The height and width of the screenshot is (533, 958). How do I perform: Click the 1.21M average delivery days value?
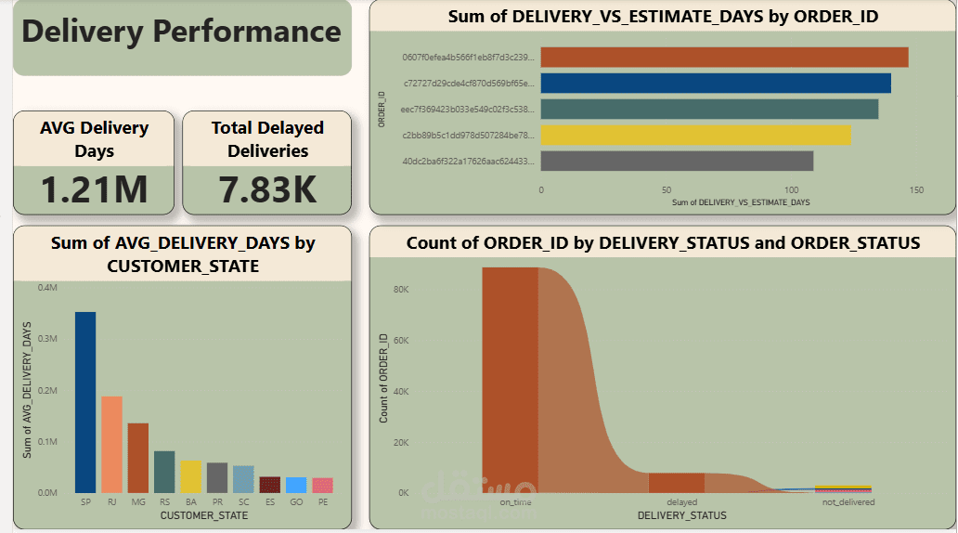pos(95,188)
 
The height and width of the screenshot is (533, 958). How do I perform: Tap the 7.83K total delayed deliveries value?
pos(267,188)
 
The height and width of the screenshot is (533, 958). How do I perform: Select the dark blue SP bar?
pos(85,402)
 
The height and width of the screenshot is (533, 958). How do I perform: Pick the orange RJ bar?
pos(111,444)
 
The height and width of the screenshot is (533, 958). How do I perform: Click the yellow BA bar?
pos(190,475)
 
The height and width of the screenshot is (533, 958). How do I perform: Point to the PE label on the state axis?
pos(323,501)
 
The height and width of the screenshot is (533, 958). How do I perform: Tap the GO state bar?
pos(296,485)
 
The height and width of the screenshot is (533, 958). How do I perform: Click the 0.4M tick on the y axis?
pos(47,288)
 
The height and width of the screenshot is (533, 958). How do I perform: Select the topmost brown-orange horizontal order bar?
pos(724,58)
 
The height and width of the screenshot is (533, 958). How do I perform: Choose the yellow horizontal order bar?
pos(695,136)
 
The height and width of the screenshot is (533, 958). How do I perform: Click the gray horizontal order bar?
pos(677,161)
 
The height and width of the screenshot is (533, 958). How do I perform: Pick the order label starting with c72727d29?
pos(469,84)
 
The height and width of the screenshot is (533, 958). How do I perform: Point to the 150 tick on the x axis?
pos(916,190)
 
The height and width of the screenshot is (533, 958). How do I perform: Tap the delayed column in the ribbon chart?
pos(676,482)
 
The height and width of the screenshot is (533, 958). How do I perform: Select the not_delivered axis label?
pos(848,502)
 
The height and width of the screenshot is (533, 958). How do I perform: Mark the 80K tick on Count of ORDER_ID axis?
pos(401,290)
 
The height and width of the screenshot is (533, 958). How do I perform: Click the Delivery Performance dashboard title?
pos(181,32)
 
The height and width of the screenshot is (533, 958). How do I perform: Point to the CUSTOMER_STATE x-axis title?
pos(204,514)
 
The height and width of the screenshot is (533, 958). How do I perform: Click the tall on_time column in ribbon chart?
pos(510,381)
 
